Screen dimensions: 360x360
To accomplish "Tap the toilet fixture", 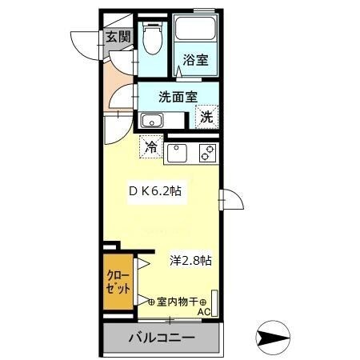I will coord(152,35).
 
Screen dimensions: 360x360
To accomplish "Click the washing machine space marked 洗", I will coord(206,117).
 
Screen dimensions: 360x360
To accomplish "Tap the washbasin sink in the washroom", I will coord(151,122).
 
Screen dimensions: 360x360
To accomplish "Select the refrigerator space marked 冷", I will coord(150,147).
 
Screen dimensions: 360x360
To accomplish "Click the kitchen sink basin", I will coord(177,150).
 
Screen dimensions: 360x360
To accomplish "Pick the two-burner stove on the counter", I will coord(206,150).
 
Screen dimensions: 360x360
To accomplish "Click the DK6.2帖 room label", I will coord(159,192).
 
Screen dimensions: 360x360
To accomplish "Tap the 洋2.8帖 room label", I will coord(190,260).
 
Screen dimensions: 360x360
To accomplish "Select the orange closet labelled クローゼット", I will coord(117,284).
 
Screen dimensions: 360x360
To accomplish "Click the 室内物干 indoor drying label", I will coord(178,301).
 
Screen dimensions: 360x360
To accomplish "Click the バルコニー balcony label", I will coord(161,338).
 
